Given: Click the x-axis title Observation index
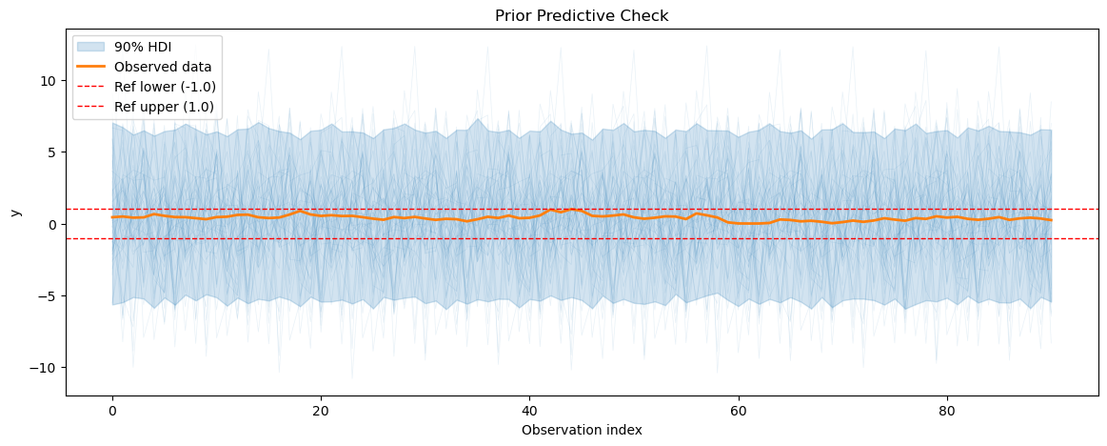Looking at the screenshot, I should click(582, 430).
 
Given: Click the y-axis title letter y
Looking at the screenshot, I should click(16, 212).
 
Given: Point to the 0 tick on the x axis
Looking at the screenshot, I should click(112, 411).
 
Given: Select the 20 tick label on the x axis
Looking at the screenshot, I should click(321, 411).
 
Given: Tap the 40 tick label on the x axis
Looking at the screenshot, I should click(529, 411).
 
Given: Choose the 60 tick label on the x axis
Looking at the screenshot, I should click(739, 411).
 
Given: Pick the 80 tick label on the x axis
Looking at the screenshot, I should click(947, 411).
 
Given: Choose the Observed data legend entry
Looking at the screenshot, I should click(163, 67).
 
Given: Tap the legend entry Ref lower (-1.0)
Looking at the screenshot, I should click(165, 87).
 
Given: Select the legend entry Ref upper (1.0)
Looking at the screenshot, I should click(165, 107).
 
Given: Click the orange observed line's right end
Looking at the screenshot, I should click(1052, 220).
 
